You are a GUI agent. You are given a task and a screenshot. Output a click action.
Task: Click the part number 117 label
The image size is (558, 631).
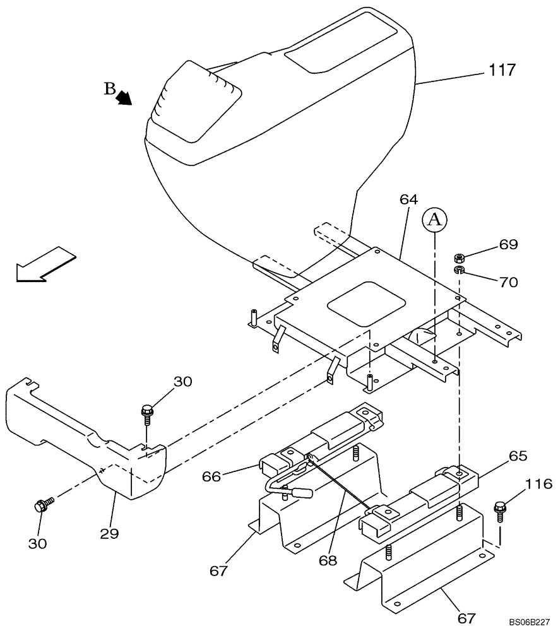tap(502, 71)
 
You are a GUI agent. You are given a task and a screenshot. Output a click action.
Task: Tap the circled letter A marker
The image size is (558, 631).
tap(434, 220)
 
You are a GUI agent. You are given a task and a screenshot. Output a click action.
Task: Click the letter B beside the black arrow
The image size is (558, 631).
tap(110, 89)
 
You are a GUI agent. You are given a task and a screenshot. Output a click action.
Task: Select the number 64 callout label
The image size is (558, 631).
tap(408, 199)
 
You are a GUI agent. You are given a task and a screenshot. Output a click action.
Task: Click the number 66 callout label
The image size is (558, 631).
tap(212, 476)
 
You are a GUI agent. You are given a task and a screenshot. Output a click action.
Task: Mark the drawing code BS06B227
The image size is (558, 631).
tap(530, 622)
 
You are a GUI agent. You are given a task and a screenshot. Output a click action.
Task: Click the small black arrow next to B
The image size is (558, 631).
tap(124, 97)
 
